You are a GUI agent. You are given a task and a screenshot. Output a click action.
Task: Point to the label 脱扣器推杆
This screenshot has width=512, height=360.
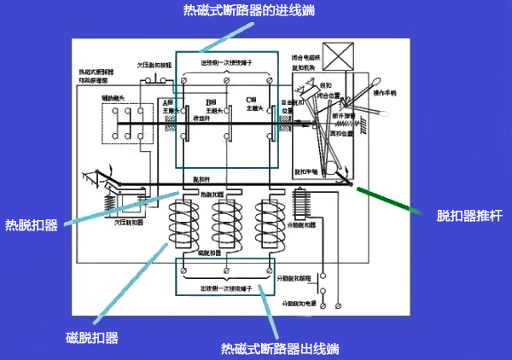pos(456,217)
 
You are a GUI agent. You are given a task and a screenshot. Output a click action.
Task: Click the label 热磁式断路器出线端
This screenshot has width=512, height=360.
pos(281,349)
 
